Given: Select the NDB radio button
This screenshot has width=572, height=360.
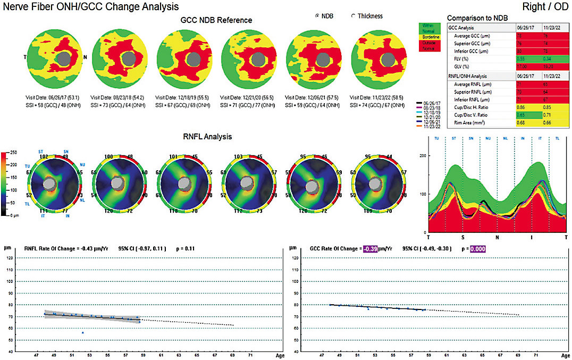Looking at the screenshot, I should pyautogui.click(x=318, y=16).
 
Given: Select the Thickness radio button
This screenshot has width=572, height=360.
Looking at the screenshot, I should pyautogui.click(x=354, y=16).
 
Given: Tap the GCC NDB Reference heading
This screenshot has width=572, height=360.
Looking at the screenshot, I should pyautogui.click(x=216, y=20).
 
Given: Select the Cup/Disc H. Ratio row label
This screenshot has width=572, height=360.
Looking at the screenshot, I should pyautogui.click(x=473, y=107).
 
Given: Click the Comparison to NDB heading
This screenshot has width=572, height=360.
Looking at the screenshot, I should pyautogui.click(x=476, y=17).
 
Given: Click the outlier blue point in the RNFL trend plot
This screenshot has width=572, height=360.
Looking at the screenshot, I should pyautogui.click(x=83, y=332).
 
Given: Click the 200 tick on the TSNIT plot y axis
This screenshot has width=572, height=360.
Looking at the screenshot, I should pyautogui.click(x=424, y=155).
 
